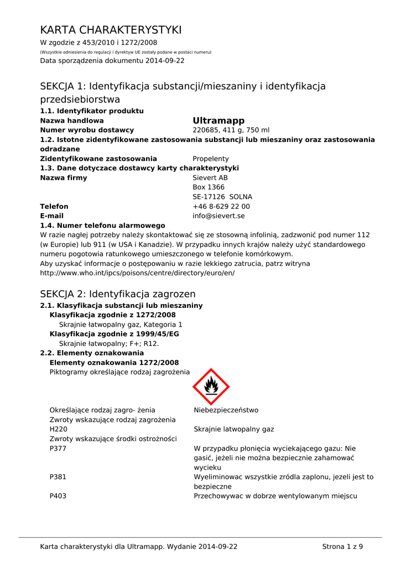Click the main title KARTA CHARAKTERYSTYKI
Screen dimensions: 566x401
pos(111,30)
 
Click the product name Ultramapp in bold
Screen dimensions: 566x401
pos(218,120)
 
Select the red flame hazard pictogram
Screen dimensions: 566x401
pos(211,386)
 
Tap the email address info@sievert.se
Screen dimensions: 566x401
pos(218,216)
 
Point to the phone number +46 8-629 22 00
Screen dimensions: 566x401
pos(221,206)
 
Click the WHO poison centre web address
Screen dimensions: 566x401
pos(137,273)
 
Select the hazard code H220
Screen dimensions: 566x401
pos(58,429)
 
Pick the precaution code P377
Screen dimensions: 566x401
pos(58,448)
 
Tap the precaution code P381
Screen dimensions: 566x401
pos(58,476)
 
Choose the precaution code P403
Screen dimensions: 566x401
pos(58,496)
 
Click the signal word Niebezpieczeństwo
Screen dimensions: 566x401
pos(226,410)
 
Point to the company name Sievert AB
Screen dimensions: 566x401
pos(210,178)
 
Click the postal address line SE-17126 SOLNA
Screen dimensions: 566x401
pos(222,197)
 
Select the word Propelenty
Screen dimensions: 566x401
pos(210,159)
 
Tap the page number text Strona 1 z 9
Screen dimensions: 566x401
pos(342,547)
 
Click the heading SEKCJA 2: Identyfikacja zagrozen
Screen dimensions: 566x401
pos(118,294)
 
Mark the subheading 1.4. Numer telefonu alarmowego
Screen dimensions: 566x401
pos(102,226)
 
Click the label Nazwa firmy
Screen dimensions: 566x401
pos(64,178)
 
